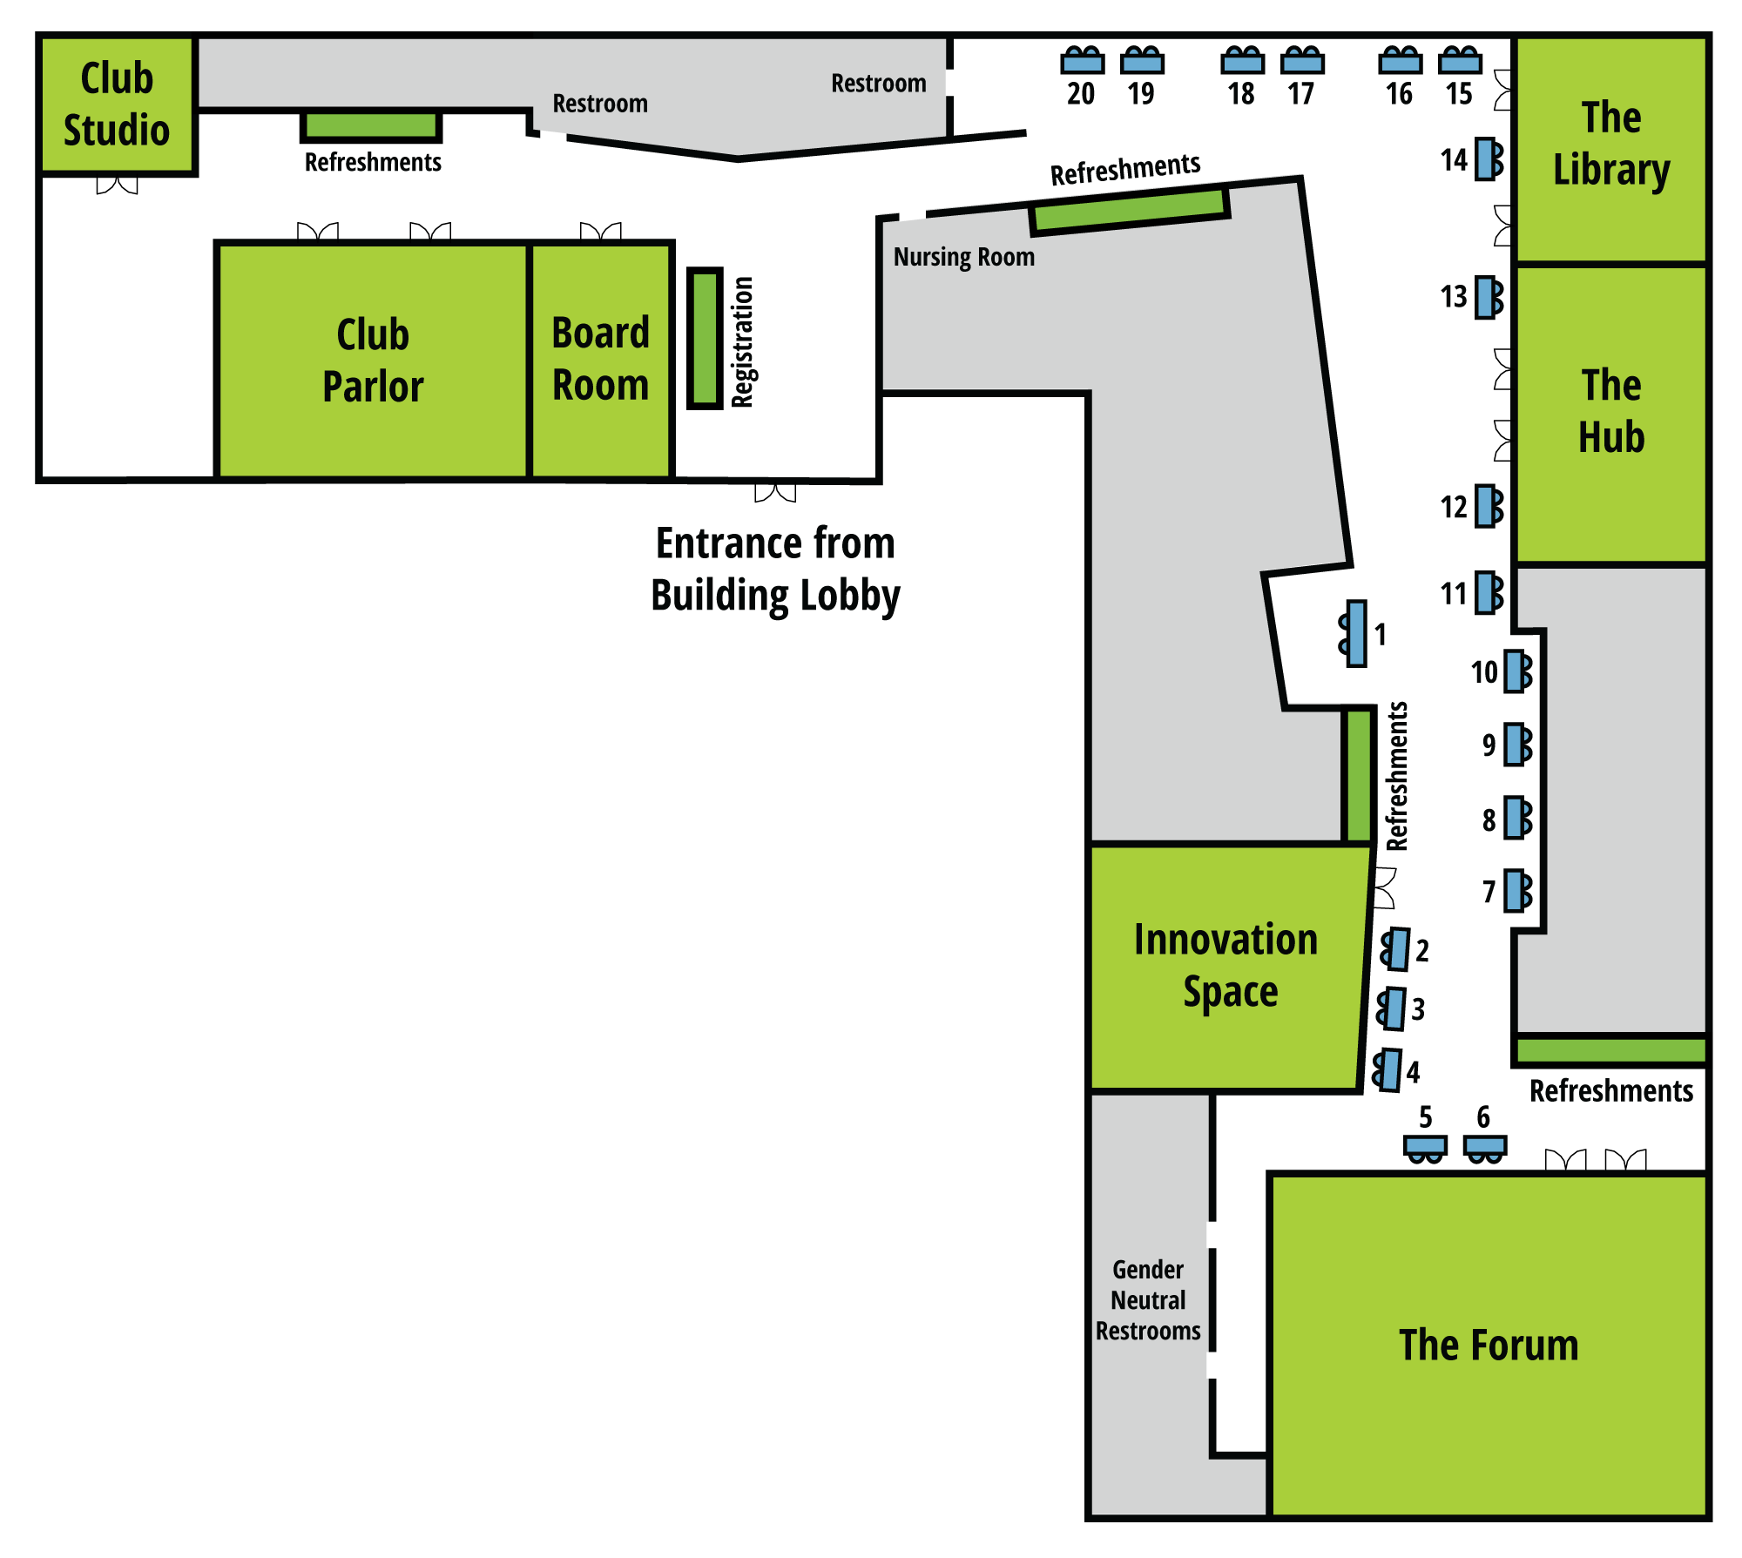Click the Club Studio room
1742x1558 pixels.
click(117, 105)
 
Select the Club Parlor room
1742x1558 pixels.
click(373, 361)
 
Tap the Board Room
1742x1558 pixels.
click(600, 361)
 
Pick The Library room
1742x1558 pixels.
click(1610, 148)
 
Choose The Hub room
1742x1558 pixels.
click(1610, 414)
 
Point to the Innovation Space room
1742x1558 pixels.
click(1225, 967)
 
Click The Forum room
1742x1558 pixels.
click(1488, 1345)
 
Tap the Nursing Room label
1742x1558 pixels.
click(963, 257)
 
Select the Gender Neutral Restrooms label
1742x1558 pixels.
click(1148, 1300)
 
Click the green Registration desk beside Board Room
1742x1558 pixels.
click(705, 339)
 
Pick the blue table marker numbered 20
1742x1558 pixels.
click(1083, 62)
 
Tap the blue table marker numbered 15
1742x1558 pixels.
click(1460, 62)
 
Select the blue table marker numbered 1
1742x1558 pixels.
click(1355, 633)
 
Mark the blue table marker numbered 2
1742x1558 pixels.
click(1397, 949)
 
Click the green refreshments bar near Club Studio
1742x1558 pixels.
click(370, 125)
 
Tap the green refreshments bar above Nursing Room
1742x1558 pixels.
click(1129, 212)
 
